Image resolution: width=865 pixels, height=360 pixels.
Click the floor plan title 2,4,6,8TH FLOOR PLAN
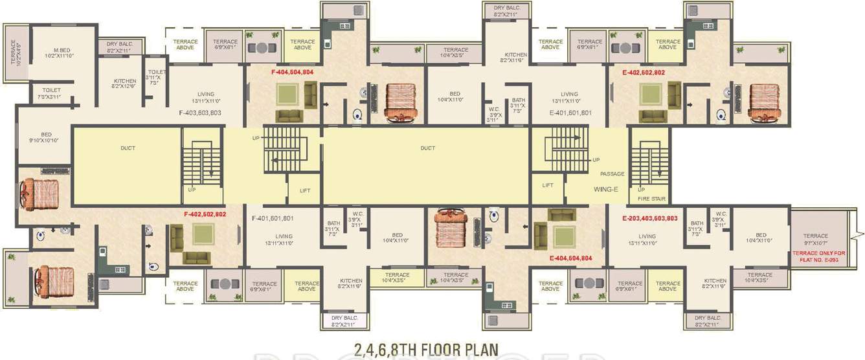(x=426, y=350)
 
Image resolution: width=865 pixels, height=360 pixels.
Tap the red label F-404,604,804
(x=292, y=73)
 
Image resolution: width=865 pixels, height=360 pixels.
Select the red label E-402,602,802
(x=644, y=73)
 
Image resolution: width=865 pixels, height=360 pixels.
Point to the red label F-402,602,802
(x=205, y=214)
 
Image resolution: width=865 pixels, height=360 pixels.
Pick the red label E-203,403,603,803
(x=649, y=218)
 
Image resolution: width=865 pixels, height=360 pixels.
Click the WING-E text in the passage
(x=607, y=190)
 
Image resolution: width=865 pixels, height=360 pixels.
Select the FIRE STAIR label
(x=651, y=199)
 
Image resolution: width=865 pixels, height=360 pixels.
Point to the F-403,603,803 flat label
(x=200, y=113)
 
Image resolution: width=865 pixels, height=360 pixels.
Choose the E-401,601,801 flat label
(x=570, y=113)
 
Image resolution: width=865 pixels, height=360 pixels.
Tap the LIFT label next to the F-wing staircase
(x=305, y=191)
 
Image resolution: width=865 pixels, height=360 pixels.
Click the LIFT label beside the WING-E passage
(x=548, y=185)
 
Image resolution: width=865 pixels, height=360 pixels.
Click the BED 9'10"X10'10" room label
(x=46, y=138)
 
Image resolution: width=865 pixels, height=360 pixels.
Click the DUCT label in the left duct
(x=128, y=148)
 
